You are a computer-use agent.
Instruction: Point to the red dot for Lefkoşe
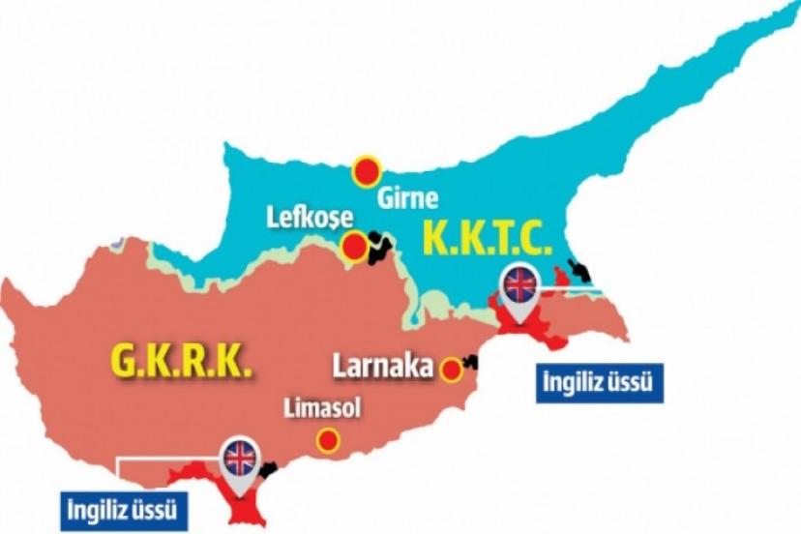coord(356,248)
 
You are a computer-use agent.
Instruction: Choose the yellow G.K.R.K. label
coord(180,364)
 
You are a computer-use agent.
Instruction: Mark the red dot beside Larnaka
coord(451,369)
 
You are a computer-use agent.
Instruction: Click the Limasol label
coord(321,409)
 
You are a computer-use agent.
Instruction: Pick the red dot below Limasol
coord(329,441)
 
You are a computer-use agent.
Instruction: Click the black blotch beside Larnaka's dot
coord(470,363)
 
